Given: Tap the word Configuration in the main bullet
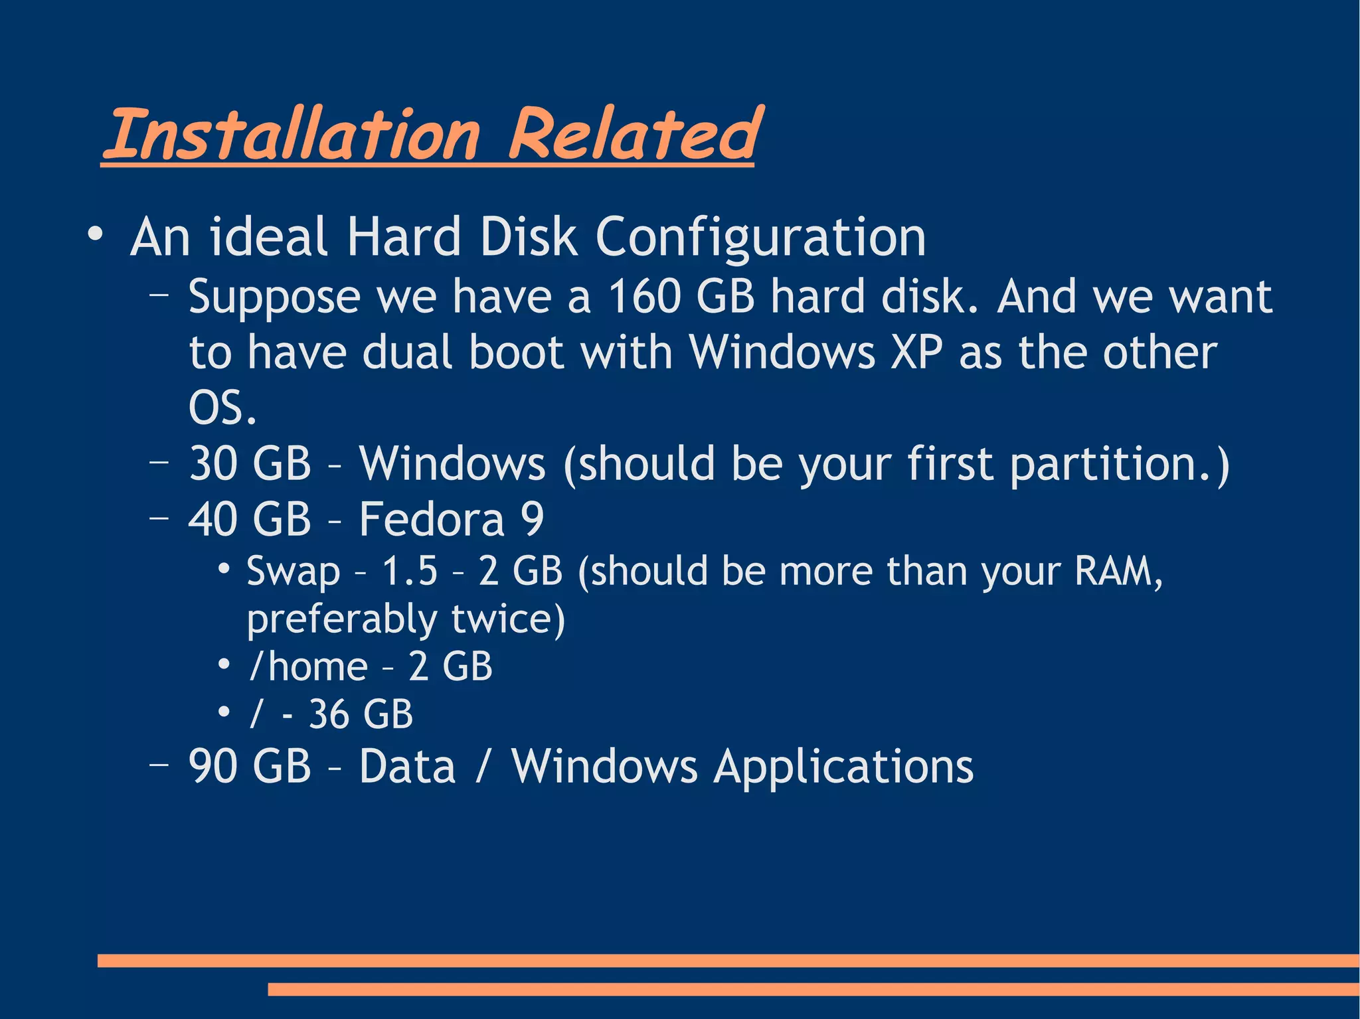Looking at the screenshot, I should [x=760, y=237].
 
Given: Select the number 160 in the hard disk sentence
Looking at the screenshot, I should [x=644, y=297].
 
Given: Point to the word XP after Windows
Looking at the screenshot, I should [x=916, y=353].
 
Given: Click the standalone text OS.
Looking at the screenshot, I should [x=222, y=408].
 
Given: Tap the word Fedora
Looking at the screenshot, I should [x=432, y=519].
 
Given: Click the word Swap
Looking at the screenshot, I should [x=293, y=572].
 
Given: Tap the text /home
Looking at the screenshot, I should [x=308, y=666].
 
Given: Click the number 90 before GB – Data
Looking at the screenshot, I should [x=213, y=767].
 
